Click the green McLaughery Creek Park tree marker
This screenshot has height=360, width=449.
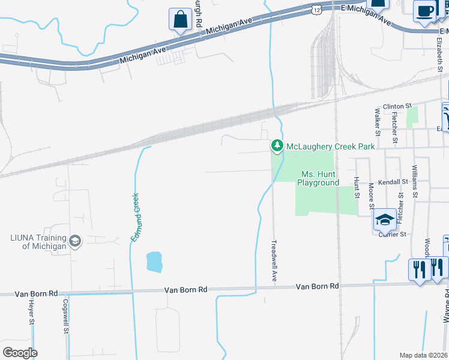tap(277, 146)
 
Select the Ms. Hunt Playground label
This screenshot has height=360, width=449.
tap(320, 178)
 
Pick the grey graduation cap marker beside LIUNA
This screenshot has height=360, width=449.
tap(75, 241)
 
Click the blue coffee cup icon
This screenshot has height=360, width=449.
tap(426, 12)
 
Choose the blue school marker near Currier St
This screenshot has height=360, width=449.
tap(384, 220)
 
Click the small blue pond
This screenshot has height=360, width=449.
tap(154, 261)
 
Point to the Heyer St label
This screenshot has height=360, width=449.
tap(31, 313)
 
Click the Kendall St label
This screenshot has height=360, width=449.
tap(393, 181)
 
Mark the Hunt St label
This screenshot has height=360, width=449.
tap(356, 187)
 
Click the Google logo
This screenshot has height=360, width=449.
tap(20, 352)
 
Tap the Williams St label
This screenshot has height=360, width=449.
tap(414, 182)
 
